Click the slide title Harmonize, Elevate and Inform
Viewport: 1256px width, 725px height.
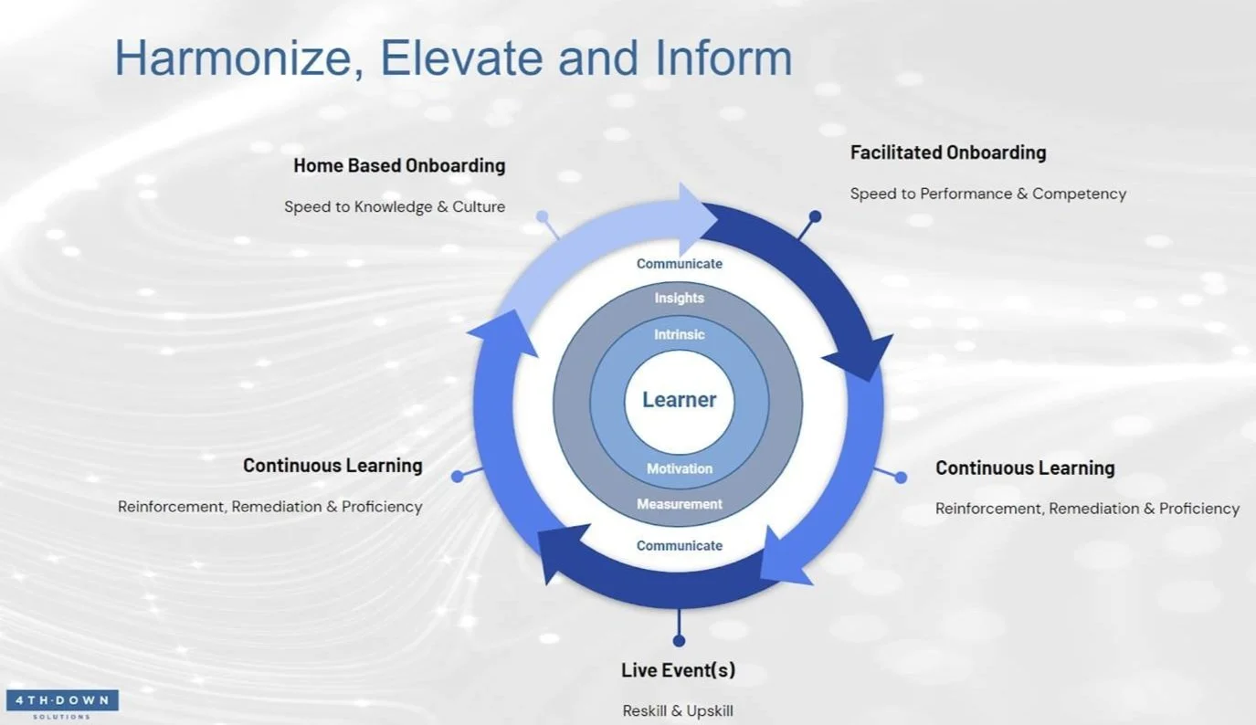coord(453,58)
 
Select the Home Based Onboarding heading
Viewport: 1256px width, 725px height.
coord(399,166)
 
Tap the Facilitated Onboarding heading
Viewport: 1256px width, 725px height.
coord(948,152)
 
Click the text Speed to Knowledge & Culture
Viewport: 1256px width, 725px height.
coord(395,207)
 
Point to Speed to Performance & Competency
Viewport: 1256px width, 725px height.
coord(987,194)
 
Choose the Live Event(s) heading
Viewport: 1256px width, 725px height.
coord(678,670)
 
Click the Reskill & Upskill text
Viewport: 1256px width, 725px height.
coord(678,710)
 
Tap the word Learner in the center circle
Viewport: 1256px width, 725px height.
coord(679,400)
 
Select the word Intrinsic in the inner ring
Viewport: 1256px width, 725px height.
coord(679,335)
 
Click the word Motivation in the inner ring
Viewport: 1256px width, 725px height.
coord(679,468)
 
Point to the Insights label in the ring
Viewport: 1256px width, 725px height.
coord(679,299)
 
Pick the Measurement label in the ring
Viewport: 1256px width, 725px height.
coord(679,504)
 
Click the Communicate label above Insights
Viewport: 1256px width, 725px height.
coord(679,264)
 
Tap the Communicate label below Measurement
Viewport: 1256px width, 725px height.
coord(679,546)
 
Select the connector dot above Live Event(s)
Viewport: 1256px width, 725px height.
coord(679,641)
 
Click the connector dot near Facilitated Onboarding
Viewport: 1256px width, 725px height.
coord(815,217)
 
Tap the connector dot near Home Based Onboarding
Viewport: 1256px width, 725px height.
coord(543,217)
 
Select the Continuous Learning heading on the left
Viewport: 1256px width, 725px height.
coord(332,466)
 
